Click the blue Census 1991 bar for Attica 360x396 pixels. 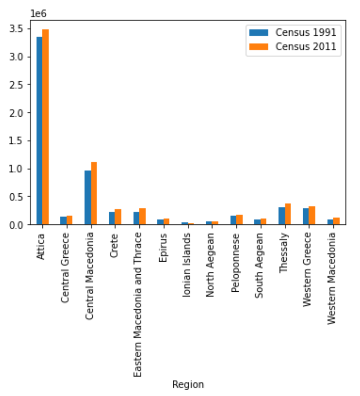pos(39,131)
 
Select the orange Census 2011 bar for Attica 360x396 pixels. pos(46,127)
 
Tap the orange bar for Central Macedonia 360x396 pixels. pos(94,193)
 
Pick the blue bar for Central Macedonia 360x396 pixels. pos(88,198)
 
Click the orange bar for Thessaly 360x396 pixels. pos(288,214)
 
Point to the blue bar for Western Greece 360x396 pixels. pos(306,216)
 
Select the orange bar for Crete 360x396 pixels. pos(118,217)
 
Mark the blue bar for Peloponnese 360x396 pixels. pos(233,220)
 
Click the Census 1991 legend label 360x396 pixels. pos(306,32)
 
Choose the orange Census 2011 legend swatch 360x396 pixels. pos(259,47)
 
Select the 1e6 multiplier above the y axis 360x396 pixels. pos(39,14)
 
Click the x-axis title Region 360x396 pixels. pos(188,385)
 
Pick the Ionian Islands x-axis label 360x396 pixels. pos(186,265)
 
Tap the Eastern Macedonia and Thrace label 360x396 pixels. pos(138,305)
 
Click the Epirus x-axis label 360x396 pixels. pos(163,248)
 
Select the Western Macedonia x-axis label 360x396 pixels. pos(332,279)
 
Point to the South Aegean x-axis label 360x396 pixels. pos(259,265)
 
